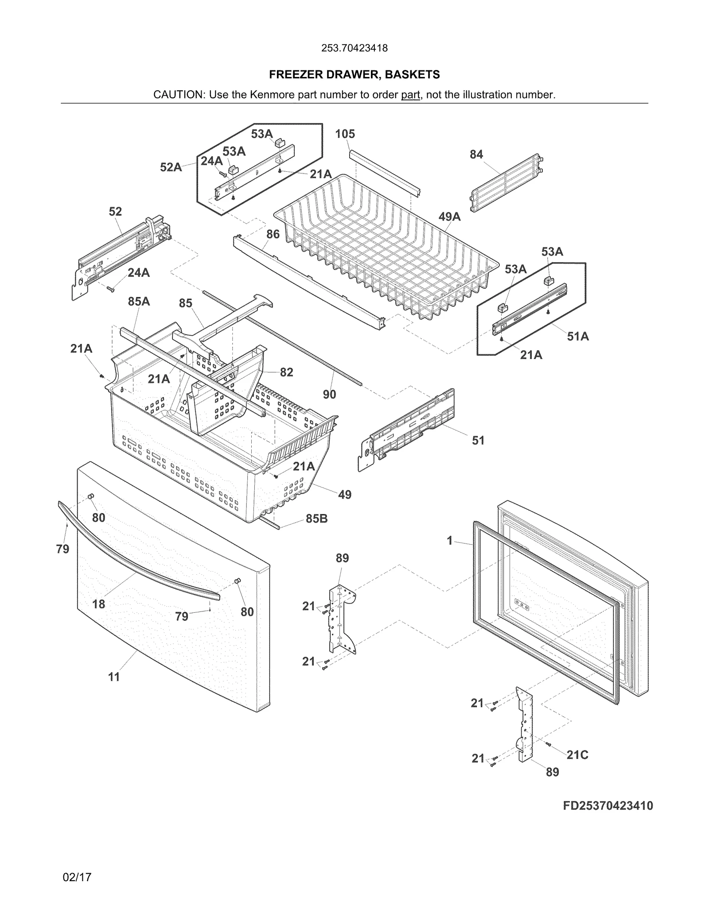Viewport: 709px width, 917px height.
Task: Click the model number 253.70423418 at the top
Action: click(x=354, y=48)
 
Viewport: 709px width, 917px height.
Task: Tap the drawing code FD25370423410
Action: click(x=608, y=805)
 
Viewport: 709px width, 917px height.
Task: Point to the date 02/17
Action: click(x=77, y=877)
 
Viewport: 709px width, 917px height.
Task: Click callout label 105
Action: click(x=345, y=134)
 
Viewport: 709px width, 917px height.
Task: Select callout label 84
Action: click(x=476, y=155)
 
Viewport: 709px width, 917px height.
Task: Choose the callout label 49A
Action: click(x=449, y=217)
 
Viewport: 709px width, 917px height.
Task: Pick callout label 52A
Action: click(x=171, y=167)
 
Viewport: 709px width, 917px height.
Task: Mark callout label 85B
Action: click(x=316, y=518)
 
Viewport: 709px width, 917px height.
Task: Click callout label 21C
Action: click(x=577, y=755)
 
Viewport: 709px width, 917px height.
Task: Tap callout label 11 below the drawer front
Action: click(x=114, y=677)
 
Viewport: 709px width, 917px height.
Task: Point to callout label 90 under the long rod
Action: click(x=329, y=394)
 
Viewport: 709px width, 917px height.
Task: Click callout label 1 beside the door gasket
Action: click(x=450, y=541)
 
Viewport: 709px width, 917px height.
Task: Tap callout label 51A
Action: click(x=578, y=337)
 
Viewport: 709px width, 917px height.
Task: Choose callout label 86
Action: click(x=273, y=234)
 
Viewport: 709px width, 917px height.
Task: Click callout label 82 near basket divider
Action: click(x=286, y=372)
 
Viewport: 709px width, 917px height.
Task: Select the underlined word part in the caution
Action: click(x=410, y=95)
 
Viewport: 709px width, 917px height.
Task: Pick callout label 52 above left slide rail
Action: click(x=115, y=212)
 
